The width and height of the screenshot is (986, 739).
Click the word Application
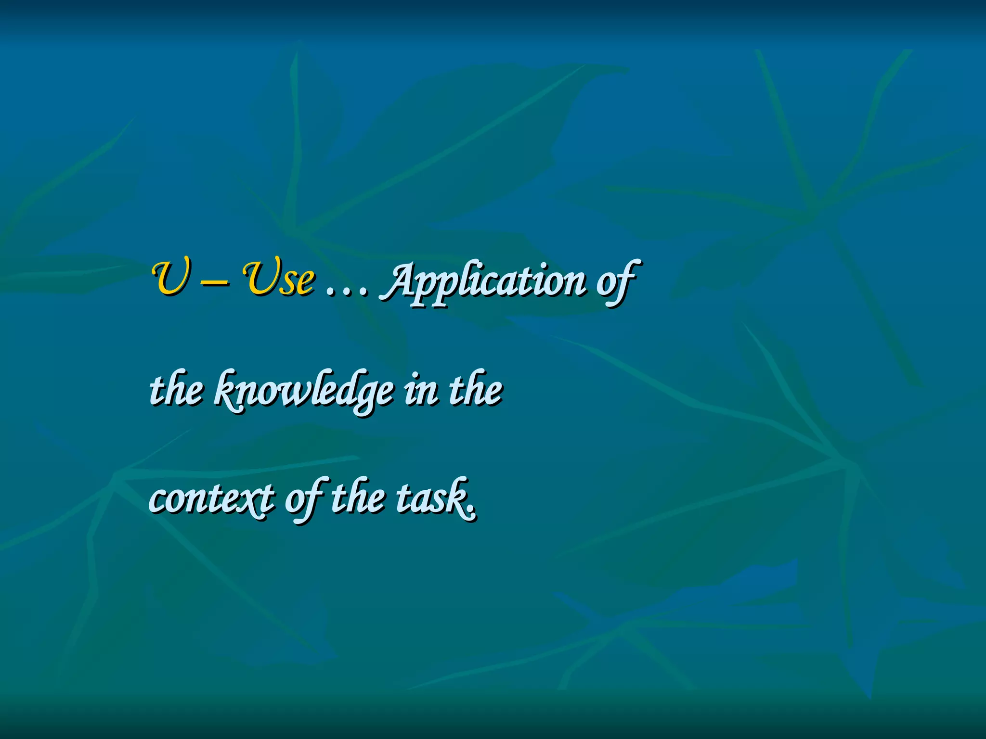(484, 281)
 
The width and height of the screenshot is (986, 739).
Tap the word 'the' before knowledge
(176, 390)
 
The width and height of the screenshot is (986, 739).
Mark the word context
(212, 499)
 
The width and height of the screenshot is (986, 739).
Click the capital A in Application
(400, 279)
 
